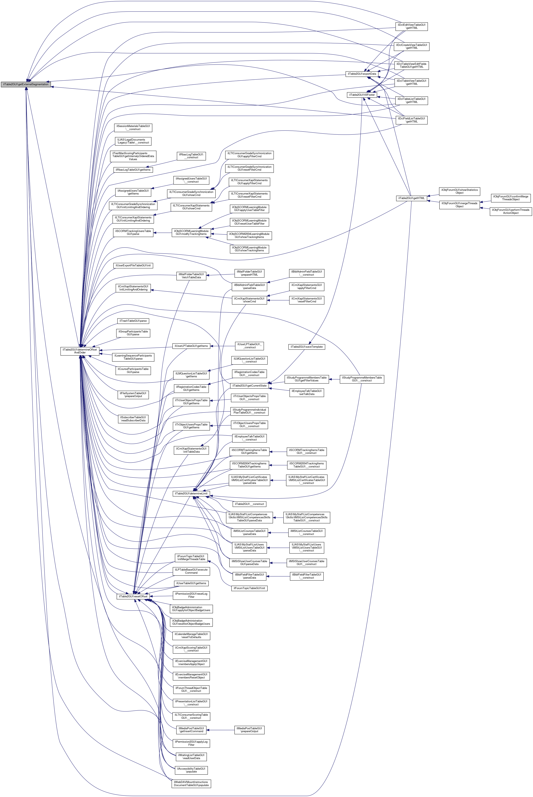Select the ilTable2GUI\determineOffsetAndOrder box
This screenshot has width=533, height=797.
click(80, 351)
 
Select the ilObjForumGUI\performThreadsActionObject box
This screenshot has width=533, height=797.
click(511, 211)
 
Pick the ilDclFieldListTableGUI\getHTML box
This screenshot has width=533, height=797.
click(411, 120)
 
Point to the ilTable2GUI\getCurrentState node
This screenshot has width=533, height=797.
click(249, 385)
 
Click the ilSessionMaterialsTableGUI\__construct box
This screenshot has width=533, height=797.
click(133, 128)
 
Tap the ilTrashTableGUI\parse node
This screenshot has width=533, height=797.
click(133, 321)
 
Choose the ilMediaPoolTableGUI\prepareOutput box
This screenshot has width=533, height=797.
click(249, 730)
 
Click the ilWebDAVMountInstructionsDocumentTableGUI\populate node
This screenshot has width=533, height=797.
click(191, 783)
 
